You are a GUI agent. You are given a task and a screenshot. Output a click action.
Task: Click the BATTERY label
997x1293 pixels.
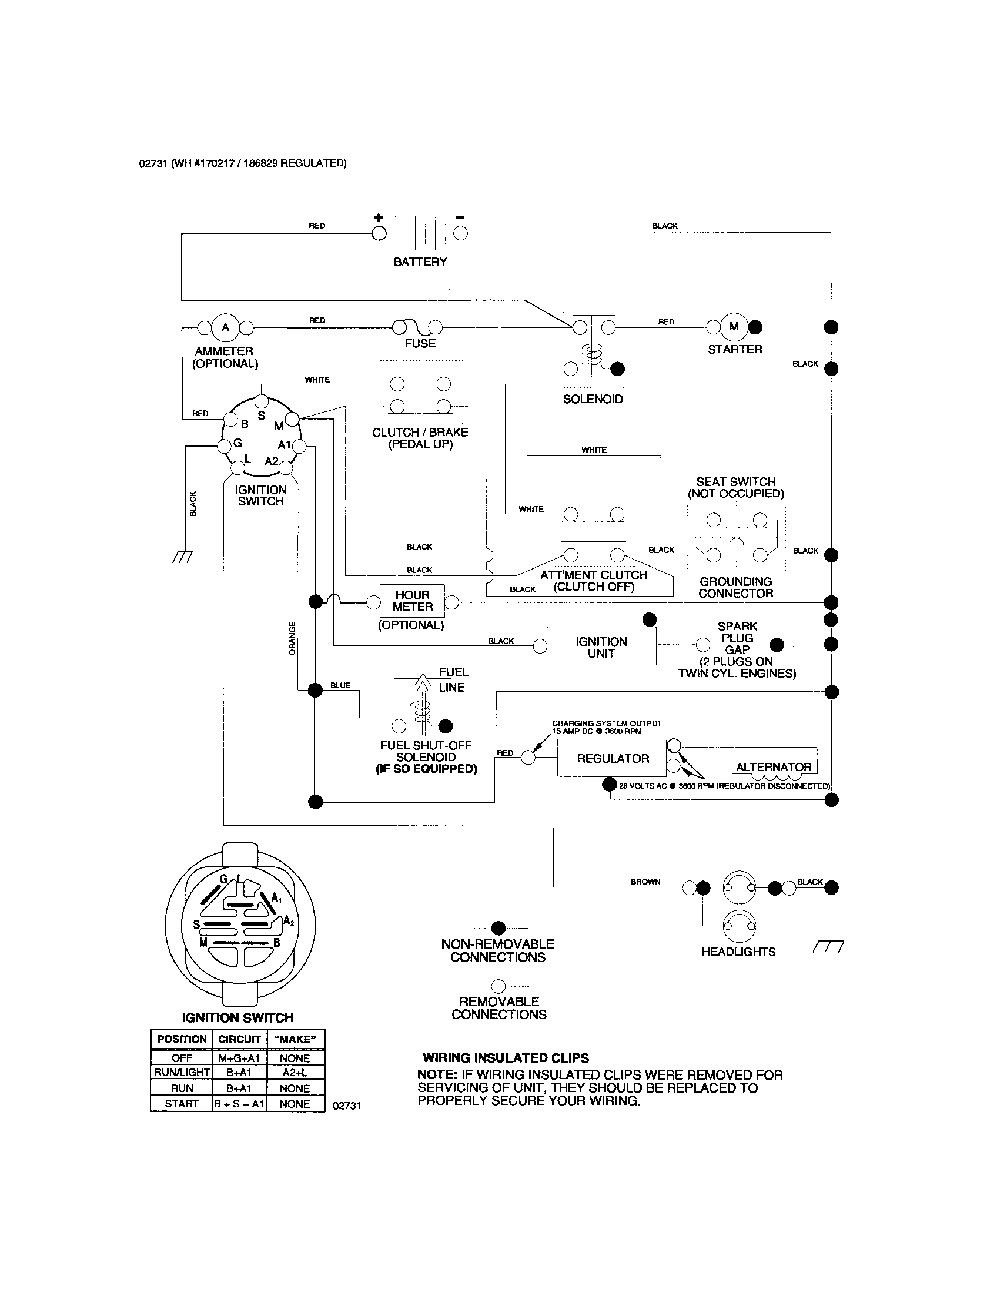420,262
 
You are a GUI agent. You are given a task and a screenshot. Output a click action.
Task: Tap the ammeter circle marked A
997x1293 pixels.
225,327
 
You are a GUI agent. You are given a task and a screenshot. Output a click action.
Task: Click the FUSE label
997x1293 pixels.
420,343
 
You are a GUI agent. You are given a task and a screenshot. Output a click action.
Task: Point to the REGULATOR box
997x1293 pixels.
612,758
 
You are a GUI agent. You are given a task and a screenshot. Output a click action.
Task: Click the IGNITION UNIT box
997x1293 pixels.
601,647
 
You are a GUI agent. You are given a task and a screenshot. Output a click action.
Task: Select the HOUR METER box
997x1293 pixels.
413,601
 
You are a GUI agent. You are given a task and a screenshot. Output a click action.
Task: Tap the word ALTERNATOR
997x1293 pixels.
773,766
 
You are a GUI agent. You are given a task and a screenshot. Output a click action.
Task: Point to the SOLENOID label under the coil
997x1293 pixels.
593,399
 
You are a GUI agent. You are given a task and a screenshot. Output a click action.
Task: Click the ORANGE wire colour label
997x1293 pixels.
292,638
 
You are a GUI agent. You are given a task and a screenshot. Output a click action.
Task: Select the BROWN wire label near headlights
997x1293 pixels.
645,882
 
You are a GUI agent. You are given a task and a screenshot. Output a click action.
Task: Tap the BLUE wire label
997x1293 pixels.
340,685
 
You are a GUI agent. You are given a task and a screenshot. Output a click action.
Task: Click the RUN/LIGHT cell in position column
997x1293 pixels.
182,1072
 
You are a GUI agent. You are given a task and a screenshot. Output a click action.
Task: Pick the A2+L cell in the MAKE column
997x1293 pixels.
295,1072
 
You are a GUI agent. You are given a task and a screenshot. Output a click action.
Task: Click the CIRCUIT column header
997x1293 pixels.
239,1039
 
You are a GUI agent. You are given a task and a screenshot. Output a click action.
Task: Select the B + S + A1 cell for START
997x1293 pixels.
239,1104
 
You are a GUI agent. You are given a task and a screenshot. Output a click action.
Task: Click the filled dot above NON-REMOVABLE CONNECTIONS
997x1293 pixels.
498,927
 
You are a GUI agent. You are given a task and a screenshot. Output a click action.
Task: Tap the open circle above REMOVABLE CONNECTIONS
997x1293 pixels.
498,986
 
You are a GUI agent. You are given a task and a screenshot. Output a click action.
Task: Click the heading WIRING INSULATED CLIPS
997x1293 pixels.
506,1057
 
